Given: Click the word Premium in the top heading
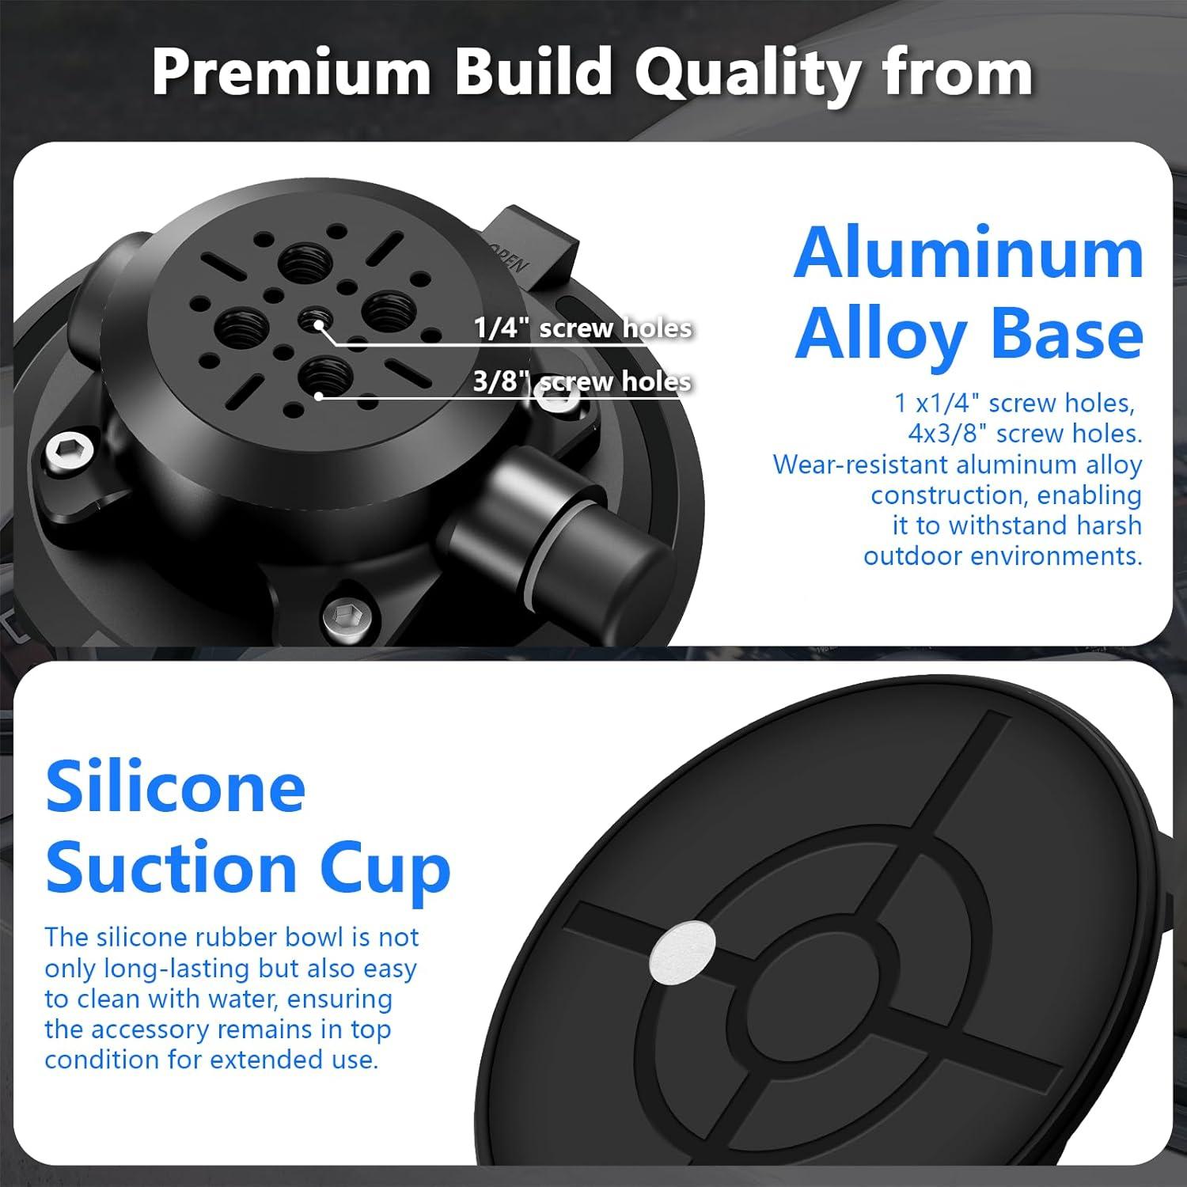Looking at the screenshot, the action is [291, 72].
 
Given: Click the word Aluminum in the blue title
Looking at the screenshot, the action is [969, 252].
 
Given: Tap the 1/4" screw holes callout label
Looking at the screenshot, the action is [583, 328].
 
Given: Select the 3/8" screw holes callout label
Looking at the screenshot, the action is [582, 381].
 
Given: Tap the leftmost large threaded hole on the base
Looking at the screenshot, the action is [243, 326].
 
